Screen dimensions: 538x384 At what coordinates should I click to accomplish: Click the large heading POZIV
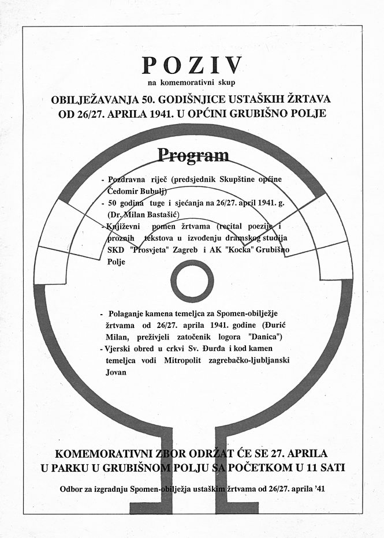click(x=192, y=66)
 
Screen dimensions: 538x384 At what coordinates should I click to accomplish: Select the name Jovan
click(x=117, y=372)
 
